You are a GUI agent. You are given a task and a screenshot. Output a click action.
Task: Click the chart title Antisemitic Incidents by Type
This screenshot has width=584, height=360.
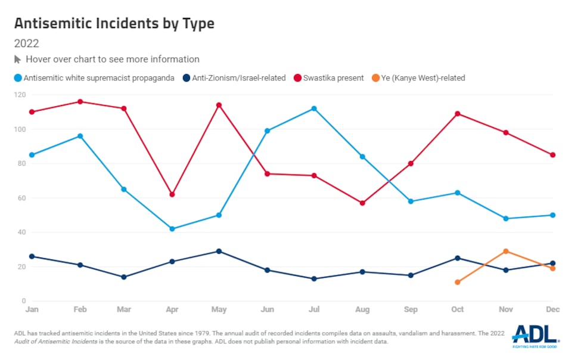click(x=114, y=23)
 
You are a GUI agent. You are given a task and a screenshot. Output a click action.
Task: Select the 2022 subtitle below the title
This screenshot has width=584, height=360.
click(x=27, y=44)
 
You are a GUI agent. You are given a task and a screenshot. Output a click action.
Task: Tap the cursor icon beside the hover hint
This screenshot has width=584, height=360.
click(x=18, y=60)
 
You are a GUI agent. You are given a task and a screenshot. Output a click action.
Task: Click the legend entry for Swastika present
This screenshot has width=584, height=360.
click(x=333, y=77)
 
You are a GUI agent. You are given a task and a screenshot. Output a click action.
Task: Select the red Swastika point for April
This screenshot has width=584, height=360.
click(x=172, y=194)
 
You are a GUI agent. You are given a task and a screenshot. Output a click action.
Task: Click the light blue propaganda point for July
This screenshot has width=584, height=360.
click(x=314, y=108)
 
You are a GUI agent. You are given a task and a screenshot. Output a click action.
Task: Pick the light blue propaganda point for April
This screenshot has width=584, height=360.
click(x=172, y=229)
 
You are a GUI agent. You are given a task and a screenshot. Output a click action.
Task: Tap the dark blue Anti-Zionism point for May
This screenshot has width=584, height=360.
click(x=219, y=251)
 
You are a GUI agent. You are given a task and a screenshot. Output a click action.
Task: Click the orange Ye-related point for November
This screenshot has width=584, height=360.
click(x=506, y=251)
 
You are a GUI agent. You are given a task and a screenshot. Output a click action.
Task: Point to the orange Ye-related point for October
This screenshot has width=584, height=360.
click(x=458, y=282)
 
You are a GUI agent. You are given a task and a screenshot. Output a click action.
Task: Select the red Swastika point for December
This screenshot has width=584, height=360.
click(x=553, y=155)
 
